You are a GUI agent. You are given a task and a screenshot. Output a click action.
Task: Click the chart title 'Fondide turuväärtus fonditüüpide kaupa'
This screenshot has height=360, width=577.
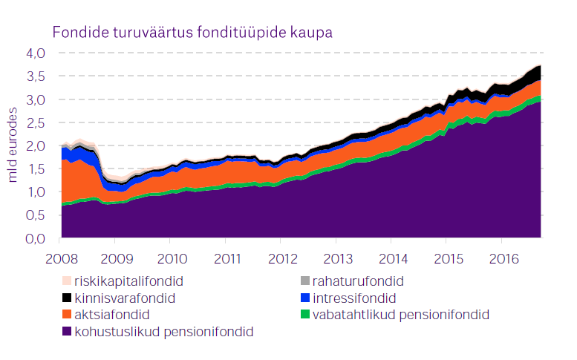pyautogui.click(x=191, y=33)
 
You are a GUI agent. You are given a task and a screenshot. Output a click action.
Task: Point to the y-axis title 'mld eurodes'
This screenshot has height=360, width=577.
pyautogui.click(x=13, y=145)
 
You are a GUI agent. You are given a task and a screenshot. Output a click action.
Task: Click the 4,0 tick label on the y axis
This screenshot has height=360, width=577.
pyautogui.click(x=36, y=53)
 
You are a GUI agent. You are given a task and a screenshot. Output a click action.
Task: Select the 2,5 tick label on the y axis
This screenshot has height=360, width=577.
pyautogui.click(x=36, y=122)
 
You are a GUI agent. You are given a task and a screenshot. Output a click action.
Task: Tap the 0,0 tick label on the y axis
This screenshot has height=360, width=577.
pyautogui.click(x=36, y=238)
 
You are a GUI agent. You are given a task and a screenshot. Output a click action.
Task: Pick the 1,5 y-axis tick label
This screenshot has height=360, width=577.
pyautogui.click(x=36, y=169)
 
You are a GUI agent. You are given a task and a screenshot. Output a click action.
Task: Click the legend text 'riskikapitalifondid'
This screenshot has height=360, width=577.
pyautogui.click(x=128, y=282)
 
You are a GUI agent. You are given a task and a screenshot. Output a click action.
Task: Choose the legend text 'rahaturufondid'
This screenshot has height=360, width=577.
pyautogui.click(x=359, y=282)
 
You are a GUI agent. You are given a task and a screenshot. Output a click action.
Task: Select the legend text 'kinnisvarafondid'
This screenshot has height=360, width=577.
pyautogui.click(x=123, y=298)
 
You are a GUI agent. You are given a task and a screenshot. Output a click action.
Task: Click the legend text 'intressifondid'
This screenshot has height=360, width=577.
pyautogui.click(x=355, y=298)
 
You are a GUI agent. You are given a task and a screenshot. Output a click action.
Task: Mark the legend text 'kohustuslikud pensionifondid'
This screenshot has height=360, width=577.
pyautogui.click(x=164, y=332)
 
